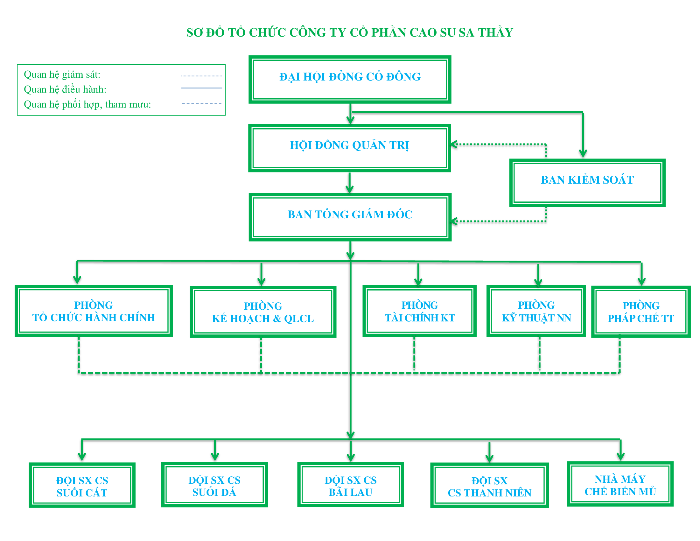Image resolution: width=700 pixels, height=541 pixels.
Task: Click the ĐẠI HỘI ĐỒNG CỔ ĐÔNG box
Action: click(x=350, y=80)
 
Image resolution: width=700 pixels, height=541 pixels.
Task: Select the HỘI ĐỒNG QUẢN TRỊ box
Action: click(x=350, y=148)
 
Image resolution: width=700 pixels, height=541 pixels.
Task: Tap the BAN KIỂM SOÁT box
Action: click(x=587, y=183)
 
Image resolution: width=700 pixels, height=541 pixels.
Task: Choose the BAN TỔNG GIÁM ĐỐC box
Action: click(x=350, y=217)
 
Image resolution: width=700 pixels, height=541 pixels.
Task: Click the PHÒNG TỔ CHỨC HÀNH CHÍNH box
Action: click(x=94, y=311)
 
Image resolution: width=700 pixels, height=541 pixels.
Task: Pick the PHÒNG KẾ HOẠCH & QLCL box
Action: click(x=263, y=312)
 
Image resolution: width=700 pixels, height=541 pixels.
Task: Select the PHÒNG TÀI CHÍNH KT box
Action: click(x=419, y=311)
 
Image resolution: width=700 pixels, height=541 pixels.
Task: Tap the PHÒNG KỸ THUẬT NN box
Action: click(x=536, y=311)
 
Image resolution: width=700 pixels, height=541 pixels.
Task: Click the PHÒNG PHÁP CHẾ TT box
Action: click(x=640, y=312)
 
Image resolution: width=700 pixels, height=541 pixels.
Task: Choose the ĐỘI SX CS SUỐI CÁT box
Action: click(x=82, y=485)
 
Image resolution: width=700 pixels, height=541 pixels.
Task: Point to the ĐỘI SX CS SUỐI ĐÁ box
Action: click(x=214, y=485)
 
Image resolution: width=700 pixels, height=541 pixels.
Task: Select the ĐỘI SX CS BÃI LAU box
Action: click(x=350, y=485)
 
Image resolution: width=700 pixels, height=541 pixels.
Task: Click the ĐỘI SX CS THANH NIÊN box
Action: click(x=489, y=485)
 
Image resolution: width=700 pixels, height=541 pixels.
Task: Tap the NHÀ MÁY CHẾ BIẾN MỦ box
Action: click(x=620, y=484)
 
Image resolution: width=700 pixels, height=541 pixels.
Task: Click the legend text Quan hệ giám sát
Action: click(x=62, y=75)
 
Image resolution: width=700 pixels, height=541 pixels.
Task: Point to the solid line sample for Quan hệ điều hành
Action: click(x=202, y=88)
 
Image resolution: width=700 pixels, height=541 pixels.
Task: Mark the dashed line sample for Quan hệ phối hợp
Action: click(x=202, y=103)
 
